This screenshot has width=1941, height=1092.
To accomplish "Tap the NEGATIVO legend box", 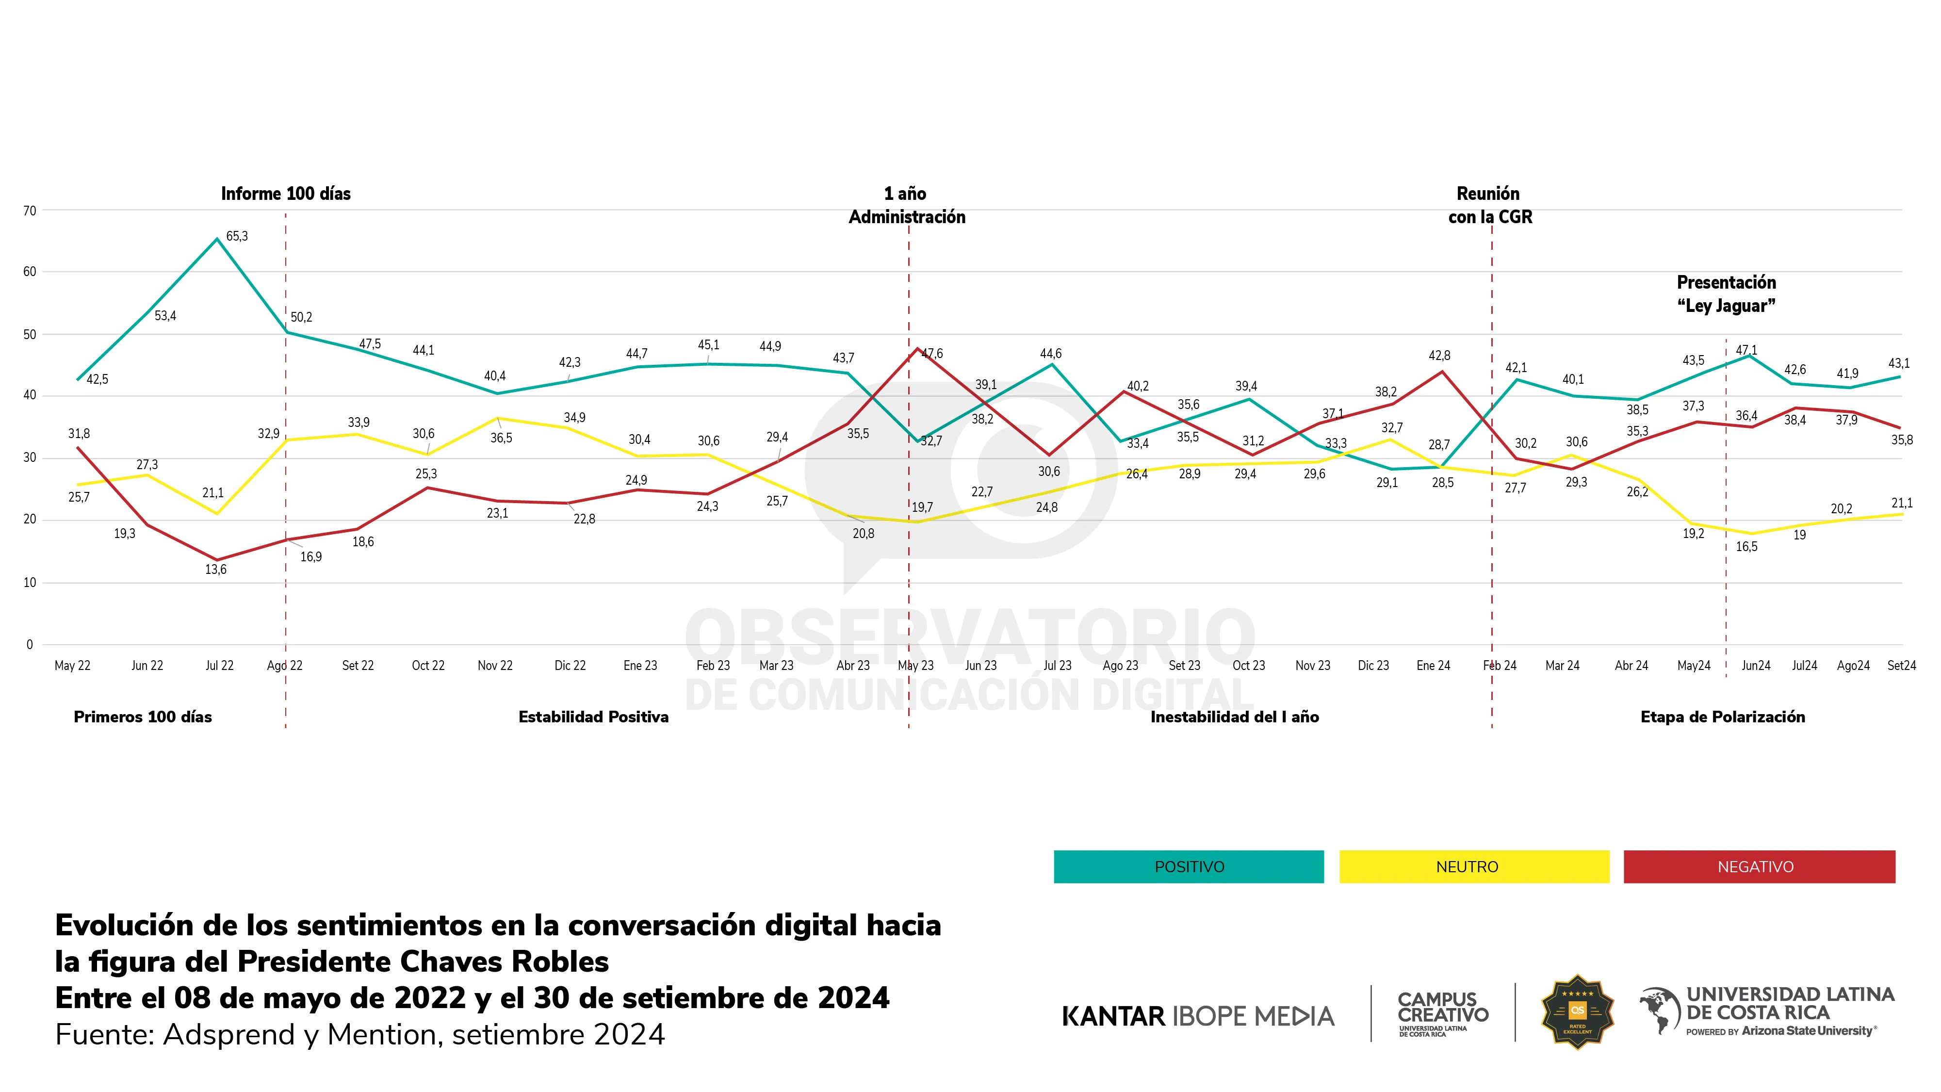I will pyautogui.click(x=1759, y=867).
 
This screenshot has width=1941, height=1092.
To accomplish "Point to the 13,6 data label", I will pyautogui.click(x=215, y=570).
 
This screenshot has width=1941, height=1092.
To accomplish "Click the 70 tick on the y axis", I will pyautogui.click(x=30, y=211).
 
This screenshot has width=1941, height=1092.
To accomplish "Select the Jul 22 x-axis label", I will pyautogui.click(x=219, y=666).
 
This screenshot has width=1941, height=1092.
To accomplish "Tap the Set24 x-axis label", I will pyautogui.click(x=1901, y=666).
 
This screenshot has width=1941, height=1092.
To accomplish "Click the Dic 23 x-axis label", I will pyautogui.click(x=1373, y=666).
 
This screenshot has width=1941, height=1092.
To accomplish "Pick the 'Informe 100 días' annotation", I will pyautogui.click(x=286, y=194).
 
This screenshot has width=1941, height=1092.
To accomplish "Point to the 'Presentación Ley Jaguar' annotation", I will pyautogui.click(x=1726, y=294).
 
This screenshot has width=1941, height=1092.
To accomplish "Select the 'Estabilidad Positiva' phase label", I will pyautogui.click(x=593, y=717).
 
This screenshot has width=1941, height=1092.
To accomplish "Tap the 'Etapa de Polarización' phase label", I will pyautogui.click(x=1723, y=717).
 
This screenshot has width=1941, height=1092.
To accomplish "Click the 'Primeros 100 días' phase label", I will pyautogui.click(x=143, y=717).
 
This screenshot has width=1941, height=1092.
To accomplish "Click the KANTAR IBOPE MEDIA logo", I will pyautogui.click(x=1197, y=1016).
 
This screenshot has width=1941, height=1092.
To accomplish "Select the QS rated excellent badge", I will pyautogui.click(x=1577, y=1012).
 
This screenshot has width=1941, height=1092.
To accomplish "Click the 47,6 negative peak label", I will pyautogui.click(x=932, y=354).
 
